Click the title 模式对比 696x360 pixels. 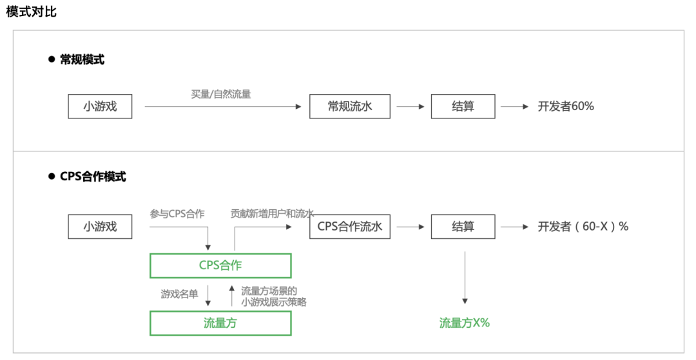point(32,12)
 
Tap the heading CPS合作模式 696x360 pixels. point(93,176)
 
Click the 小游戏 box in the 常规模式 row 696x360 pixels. point(100,107)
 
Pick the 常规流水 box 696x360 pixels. point(350,107)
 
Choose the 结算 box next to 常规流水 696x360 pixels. point(463,107)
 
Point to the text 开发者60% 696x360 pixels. point(566,107)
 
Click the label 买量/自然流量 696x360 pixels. point(221,94)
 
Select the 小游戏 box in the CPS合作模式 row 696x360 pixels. point(100,227)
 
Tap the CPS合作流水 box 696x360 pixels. point(350,227)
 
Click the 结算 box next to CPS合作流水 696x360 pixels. point(463,227)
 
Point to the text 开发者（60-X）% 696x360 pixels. point(583,227)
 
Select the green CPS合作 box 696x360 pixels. point(220,265)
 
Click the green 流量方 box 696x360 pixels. point(220,323)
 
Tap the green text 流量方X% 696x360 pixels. point(464,323)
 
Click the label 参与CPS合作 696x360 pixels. point(177,214)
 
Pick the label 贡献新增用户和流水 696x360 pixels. point(272,214)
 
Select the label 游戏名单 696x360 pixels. point(180,294)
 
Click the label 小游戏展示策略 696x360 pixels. point(273,301)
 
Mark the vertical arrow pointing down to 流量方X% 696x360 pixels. point(465,277)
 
